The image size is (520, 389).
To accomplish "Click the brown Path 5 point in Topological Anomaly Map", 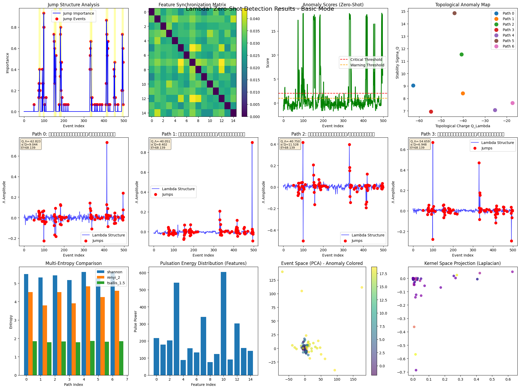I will [454, 13].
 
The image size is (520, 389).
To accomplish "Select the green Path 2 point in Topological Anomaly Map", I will [461, 55].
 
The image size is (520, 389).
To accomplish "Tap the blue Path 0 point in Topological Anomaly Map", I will [413, 86].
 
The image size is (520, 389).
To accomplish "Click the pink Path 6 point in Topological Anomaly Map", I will [512, 103].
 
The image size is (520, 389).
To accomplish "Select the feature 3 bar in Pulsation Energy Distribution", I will [176, 329].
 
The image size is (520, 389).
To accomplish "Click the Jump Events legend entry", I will [74, 19].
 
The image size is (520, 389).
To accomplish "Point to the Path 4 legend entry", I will [508, 35].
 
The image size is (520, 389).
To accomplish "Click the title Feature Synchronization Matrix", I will [192, 5].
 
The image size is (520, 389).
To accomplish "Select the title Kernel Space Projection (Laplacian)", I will [463, 263].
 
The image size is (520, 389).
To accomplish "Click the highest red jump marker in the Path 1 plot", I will [252, 143].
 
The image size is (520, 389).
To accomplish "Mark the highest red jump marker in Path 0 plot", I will [107, 143].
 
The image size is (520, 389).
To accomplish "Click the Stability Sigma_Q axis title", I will [397, 63].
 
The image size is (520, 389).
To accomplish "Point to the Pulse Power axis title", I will [136, 321].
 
